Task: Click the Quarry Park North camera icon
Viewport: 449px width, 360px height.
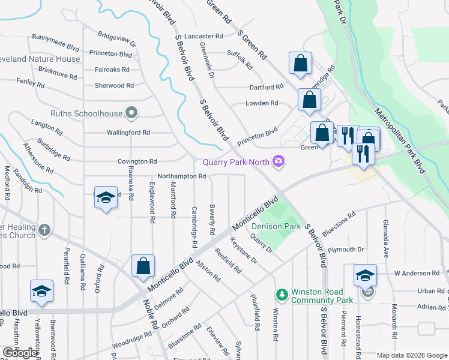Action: [278, 161]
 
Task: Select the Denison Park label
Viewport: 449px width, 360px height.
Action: [276, 226]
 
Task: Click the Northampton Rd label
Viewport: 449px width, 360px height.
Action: [182, 176]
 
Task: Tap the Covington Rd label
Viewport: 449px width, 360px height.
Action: [137, 161]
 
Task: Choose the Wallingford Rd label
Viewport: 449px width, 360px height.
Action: [128, 133]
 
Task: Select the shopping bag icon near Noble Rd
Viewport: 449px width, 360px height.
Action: [143, 266]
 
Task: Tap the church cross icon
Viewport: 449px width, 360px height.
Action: [44, 230]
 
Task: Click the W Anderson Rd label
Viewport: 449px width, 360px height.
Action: [417, 273]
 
